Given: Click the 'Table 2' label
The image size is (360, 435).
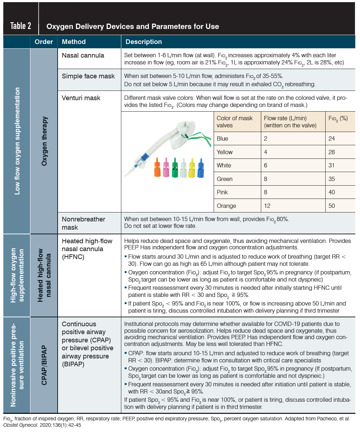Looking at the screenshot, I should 21,26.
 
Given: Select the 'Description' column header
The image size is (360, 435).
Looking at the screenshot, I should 143,42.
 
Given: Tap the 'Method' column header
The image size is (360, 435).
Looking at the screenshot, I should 74,42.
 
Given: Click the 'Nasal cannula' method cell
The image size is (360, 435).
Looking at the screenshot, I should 83,55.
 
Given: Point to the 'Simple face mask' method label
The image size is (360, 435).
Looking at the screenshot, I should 88,76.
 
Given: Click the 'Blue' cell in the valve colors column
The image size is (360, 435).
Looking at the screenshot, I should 222,139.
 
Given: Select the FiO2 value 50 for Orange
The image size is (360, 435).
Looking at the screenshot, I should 332,206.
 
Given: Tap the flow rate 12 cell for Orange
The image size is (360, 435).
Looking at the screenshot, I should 267,206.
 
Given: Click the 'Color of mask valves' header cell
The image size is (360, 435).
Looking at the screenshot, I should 235,122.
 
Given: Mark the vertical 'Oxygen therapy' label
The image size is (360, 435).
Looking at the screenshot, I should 44,141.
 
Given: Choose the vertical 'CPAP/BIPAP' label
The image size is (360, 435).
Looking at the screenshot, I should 44,365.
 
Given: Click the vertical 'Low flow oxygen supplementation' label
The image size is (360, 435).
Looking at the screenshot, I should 17,141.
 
